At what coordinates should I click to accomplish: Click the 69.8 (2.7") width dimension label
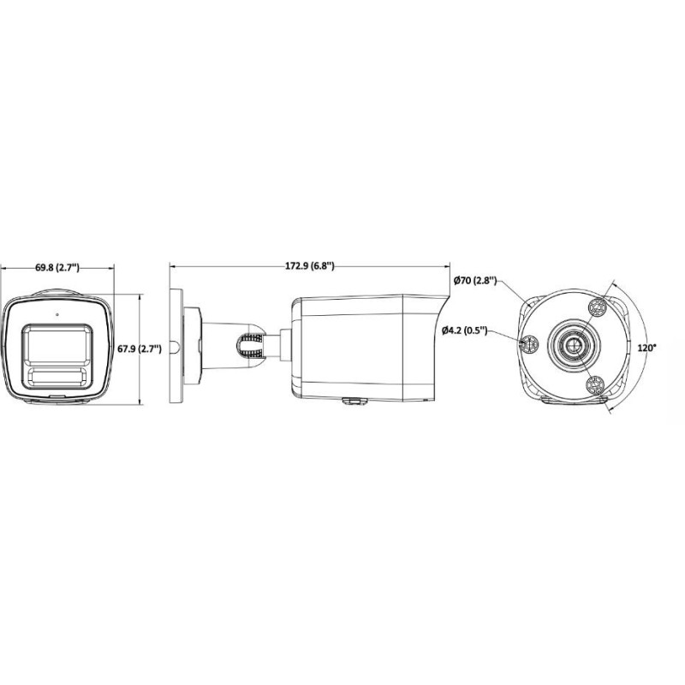pyautogui.click(x=57, y=267)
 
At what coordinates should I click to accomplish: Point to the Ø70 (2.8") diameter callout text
pyautogui.click(x=471, y=281)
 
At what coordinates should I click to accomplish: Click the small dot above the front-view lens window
pyautogui.click(x=57, y=313)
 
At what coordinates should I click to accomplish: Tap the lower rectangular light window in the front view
pyautogui.click(x=57, y=376)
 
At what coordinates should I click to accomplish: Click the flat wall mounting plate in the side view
pyautogui.click(x=176, y=348)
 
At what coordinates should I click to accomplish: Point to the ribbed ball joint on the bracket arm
pyautogui.click(x=249, y=345)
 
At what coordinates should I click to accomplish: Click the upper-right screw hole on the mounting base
pyautogui.click(x=598, y=307)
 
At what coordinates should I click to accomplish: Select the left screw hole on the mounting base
pyautogui.click(x=528, y=346)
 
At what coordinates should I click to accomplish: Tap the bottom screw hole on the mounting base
pyautogui.click(x=595, y=388)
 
